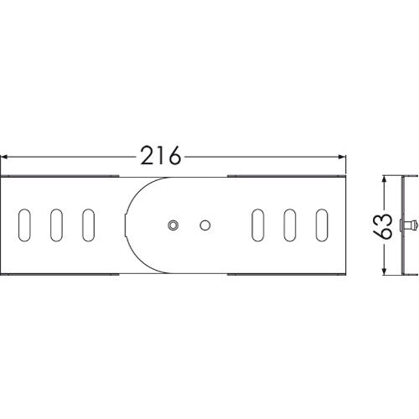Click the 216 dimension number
(161, 155)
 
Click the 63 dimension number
(383, 226)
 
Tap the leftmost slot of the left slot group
(24, 225)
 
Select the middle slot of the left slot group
(57, 225)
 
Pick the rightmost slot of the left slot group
(89, 225)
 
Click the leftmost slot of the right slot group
(258, 225)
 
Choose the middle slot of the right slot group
(290, 225)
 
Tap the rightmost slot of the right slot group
(322, 225)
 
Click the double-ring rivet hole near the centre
(173, 225)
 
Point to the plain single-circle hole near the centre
(205, 225)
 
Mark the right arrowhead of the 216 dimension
(342, 158)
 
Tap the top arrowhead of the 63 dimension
(385, 179)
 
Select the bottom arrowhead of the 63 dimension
(385, 272)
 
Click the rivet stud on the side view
(409, 225)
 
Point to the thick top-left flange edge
(59, 176)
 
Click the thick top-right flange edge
(287, 176)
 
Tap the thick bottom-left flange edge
(59, 274)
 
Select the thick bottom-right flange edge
(287, 274)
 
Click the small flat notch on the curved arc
(125, 225)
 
